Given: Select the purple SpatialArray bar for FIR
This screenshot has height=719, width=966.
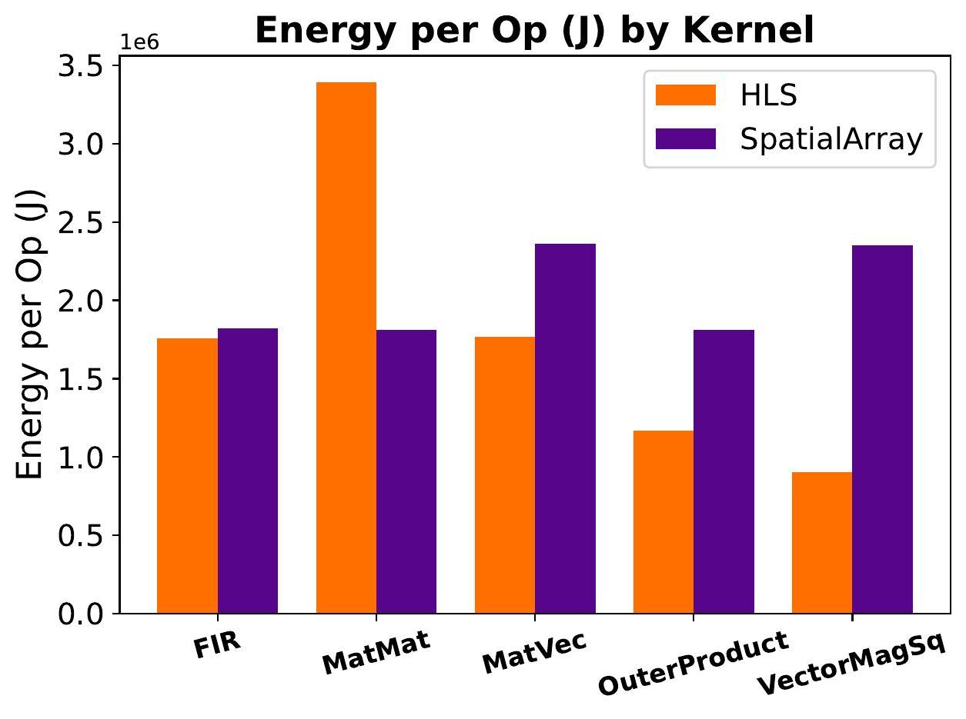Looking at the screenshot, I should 248,471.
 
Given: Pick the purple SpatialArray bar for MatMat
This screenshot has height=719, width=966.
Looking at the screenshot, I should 406,471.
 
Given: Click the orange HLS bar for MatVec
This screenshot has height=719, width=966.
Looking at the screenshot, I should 505,474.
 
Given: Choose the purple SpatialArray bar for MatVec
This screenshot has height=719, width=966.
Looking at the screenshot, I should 565,428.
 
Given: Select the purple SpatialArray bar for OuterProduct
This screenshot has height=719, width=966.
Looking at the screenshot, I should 724,471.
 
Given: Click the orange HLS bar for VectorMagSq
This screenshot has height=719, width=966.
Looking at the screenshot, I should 822,542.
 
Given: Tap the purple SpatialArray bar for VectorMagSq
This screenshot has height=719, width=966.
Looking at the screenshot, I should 882,429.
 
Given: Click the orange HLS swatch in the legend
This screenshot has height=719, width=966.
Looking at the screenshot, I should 685,95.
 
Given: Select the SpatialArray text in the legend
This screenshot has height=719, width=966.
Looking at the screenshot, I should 831,139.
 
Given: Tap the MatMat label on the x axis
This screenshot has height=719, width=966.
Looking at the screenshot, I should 376,652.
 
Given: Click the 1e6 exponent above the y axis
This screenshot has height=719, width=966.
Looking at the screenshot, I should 139,42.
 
